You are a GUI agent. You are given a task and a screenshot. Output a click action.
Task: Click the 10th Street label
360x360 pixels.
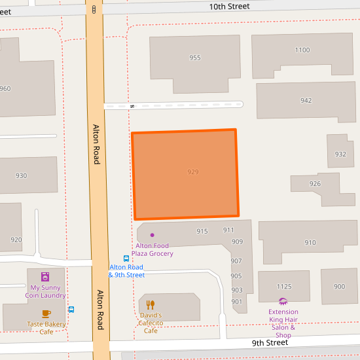point(229,7)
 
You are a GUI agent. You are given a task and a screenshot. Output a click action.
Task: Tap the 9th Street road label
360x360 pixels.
point(270,342)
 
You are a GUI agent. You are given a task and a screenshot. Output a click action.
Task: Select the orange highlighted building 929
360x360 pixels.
point(186,174)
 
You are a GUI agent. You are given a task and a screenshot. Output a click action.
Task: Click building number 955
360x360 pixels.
point(194,58)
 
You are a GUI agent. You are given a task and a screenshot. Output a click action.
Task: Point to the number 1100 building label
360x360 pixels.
point(302,50)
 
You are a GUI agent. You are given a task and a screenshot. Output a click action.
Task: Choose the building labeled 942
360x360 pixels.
point(306,101)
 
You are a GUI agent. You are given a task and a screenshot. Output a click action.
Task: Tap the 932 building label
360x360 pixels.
point(340,154)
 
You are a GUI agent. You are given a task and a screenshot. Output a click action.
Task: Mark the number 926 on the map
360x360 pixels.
point(315,184)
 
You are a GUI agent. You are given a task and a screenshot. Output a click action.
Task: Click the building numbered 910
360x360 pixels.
point(310,243)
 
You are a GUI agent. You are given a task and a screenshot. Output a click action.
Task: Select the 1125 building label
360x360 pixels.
point(283,287)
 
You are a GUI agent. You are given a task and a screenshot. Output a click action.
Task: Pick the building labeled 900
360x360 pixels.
point(339,287)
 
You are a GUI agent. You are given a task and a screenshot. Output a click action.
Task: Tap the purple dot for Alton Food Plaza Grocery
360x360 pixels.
point(153,235)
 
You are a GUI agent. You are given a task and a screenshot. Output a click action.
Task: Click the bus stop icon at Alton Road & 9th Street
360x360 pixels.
point(127,258)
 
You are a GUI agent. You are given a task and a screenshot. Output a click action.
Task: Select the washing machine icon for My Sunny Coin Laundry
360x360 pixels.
point(45,276)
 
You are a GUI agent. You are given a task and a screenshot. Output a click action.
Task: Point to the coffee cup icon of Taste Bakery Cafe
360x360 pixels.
point(46,314)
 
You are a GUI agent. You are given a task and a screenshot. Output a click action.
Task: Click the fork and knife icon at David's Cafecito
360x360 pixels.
point(151,304)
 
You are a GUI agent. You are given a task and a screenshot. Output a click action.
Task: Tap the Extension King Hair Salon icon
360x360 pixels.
point(283,302)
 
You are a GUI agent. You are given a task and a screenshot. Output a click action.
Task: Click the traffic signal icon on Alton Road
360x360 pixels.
point(94,9)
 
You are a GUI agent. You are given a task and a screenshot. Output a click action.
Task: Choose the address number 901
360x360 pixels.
point(236,301)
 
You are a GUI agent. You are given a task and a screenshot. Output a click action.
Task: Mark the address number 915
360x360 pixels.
point(202,231)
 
